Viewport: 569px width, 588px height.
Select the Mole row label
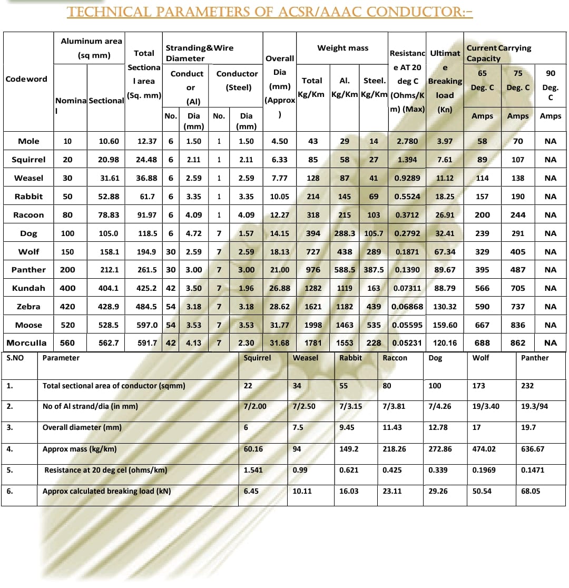point(28,141)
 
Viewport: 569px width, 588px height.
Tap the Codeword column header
point(26,79)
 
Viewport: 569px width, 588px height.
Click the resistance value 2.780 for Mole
point(407,141)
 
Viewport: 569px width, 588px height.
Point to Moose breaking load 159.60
point(445,325)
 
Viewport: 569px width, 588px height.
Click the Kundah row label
point(28,288)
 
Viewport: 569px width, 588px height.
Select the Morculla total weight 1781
point(313,343)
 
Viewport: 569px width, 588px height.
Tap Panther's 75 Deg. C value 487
point(518,270)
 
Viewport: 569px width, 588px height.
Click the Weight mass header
point(342,48)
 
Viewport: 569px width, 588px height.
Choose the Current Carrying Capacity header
point(498,53)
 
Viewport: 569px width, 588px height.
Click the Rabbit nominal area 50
point(67,197)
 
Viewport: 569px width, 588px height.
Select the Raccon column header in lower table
point(395,358)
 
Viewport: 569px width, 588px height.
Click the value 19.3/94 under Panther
point(534,407)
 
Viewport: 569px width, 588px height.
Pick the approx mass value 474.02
point(485,449)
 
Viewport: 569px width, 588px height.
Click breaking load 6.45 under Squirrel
point(251,491)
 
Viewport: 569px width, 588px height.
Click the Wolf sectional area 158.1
point(110,252)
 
